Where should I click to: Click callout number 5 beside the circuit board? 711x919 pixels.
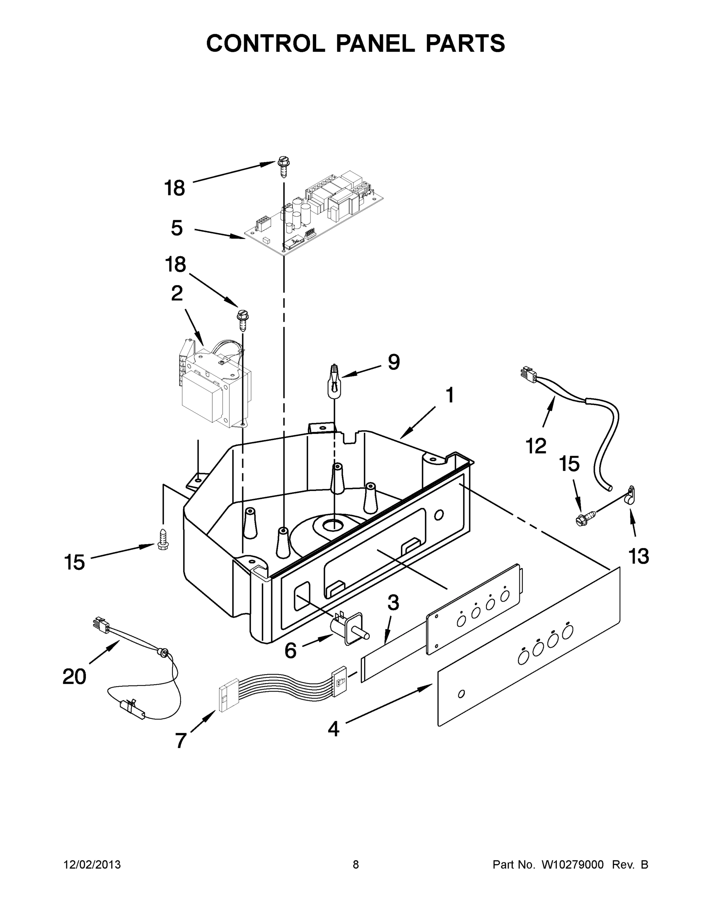point(177,228)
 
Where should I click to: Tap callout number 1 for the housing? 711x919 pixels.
point(450,396)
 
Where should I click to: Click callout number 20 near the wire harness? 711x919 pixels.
point(75,677)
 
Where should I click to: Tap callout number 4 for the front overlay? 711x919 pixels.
point(333,729)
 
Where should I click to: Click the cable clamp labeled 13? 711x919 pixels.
point(630,495)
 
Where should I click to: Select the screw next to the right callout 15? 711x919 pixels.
point(586,517)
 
